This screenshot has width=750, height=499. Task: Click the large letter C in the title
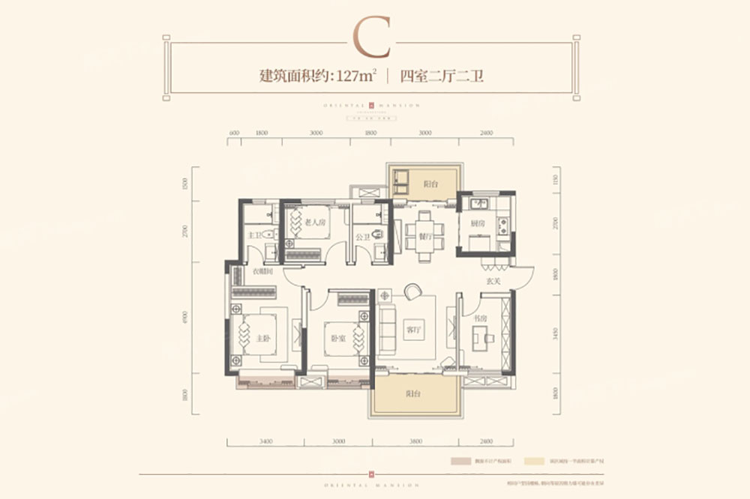(x=373, y=37)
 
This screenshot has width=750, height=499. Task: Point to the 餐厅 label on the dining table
(x=426, y=236)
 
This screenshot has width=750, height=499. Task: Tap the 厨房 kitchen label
(x=477, y=223)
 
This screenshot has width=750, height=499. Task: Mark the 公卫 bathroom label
(x=362, y=237)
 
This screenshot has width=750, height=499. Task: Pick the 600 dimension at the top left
(x=234, y=133)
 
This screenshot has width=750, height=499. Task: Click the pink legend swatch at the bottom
(x=458, y=465)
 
